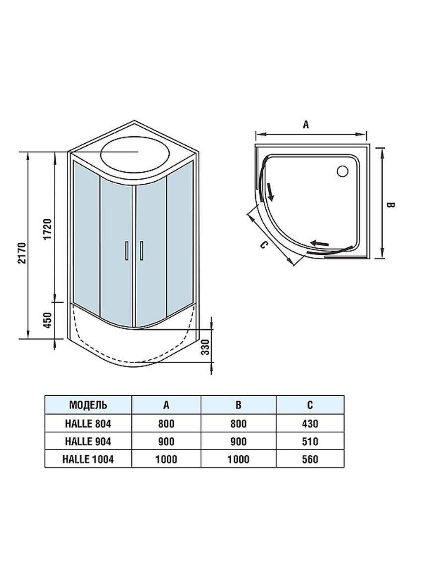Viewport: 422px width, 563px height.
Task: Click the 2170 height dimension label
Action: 22,253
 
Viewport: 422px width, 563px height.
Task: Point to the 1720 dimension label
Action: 48,229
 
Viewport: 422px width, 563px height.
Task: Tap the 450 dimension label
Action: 48,320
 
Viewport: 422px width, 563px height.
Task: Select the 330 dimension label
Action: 206,347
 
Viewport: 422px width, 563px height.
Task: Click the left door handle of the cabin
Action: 127,251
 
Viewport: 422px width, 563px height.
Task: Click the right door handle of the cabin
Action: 141,251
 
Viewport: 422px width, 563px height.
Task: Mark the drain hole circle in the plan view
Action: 343,171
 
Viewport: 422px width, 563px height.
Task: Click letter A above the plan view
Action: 306,125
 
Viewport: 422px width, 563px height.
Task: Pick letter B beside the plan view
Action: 390,205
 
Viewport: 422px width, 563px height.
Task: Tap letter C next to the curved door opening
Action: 264,245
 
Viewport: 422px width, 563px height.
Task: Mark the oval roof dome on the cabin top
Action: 135,155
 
